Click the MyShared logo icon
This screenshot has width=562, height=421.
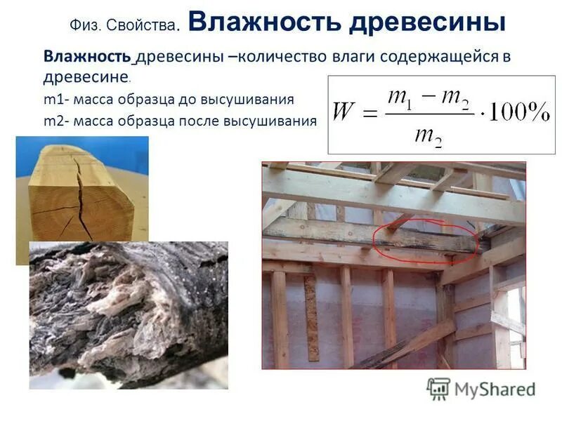[x=438, y=388]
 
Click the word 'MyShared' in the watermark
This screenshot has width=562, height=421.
[x=495, y=389]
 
